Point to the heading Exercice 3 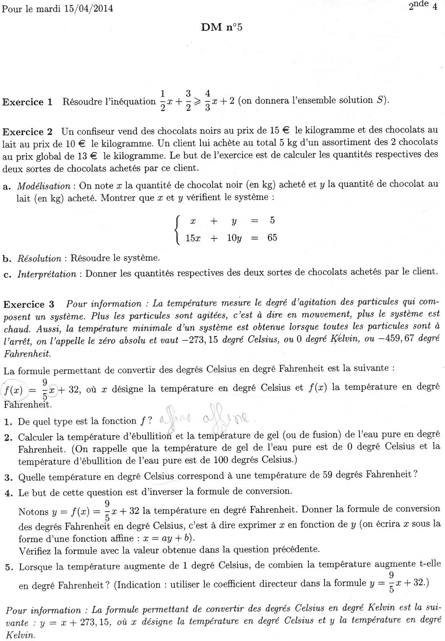point(28,304)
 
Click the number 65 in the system point(272,238)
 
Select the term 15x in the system point(193,238)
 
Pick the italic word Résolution point(40,258)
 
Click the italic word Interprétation point(46,274)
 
